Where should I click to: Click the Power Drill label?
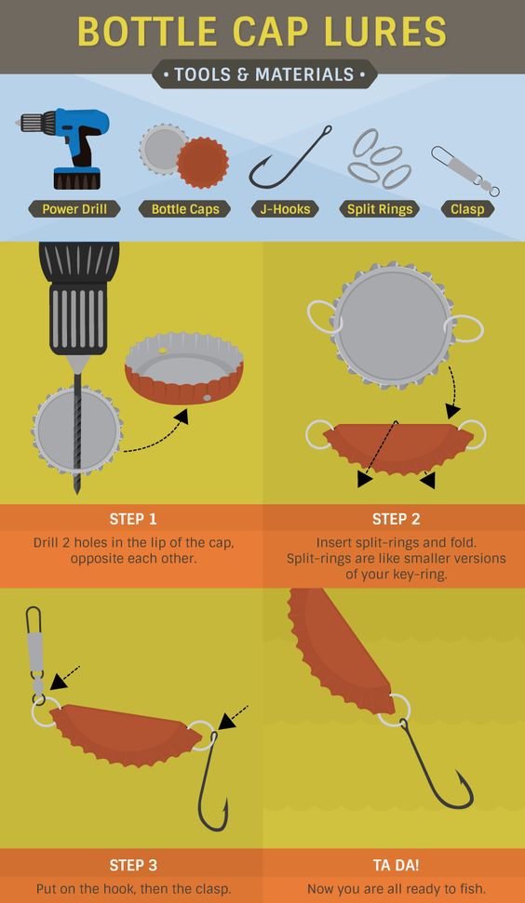74,208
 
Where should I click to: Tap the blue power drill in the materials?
67,148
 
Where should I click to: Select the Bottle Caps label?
185,208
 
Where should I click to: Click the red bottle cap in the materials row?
202,163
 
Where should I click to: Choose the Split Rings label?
379,208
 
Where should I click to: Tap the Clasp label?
467,208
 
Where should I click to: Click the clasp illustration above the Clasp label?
464,170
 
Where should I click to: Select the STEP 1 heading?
132,519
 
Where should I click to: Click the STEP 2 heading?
396,519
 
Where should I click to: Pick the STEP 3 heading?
132,865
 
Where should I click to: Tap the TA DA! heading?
396,865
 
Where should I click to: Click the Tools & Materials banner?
264,74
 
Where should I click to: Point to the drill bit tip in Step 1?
76,492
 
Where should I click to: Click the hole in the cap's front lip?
207,397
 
